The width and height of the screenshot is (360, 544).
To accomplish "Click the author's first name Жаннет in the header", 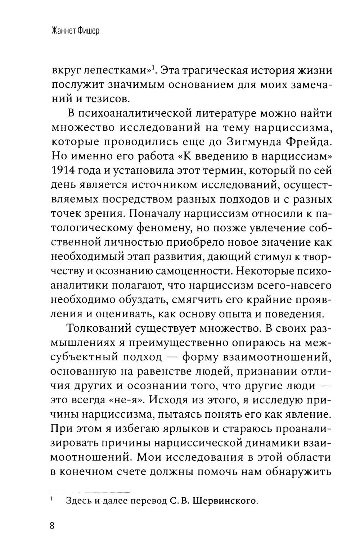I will coord(63,31).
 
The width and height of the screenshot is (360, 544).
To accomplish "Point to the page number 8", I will coord(52,526).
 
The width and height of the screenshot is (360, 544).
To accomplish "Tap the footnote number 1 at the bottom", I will coord(51,499).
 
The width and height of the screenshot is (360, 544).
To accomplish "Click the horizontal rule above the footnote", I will coord(89,491).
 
